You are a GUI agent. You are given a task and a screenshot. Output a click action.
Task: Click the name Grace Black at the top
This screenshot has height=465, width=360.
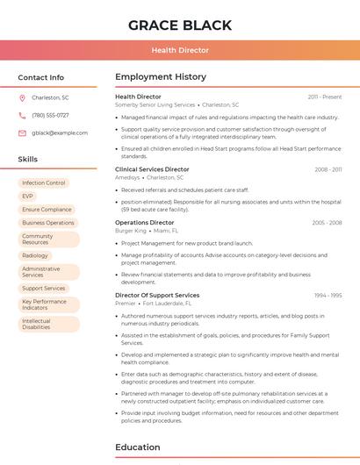[x=180, y=25]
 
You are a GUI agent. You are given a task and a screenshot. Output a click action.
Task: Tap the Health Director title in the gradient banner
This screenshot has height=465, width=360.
[x=180, y=50]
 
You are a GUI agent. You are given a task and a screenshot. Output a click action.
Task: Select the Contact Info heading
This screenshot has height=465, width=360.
[x=41, y=77]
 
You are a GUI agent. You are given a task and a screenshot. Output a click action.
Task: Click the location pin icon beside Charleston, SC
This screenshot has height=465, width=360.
[x=22, y=97]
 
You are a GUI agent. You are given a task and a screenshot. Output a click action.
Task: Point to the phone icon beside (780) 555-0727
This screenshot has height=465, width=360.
[x=22, y=115]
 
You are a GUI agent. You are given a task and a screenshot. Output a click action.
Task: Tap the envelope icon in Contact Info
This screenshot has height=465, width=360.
[x=22, y=132]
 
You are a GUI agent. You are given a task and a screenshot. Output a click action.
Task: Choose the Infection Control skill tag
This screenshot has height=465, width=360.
[x=44, y=183]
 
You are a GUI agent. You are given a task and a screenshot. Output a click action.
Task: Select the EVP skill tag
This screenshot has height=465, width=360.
[x=28, y=197]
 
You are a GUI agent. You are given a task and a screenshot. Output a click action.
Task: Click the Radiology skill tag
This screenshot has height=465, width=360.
[x=35, y=255]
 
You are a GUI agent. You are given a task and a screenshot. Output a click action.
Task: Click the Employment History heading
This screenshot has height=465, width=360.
[x=161, y=77]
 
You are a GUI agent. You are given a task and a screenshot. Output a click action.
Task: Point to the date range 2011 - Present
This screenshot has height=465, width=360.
[x=324, y=97]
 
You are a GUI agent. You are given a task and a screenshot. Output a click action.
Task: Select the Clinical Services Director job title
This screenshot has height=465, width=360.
[x=152, y=169]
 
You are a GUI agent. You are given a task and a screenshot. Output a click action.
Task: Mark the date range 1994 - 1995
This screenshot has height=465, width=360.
[x=328, y=296]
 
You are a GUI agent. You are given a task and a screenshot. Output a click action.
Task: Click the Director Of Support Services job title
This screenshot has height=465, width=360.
[x=157, y=296]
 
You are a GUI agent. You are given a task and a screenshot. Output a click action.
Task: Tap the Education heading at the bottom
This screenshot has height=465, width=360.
[x=138, y=447]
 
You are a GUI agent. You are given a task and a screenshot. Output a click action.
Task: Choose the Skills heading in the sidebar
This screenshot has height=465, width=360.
[x=28, y=159]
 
